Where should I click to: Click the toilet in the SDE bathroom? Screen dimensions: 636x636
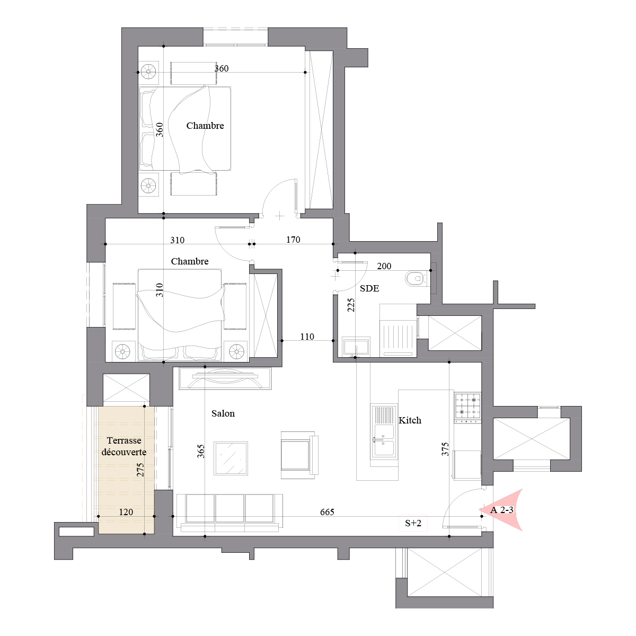click(417, 279)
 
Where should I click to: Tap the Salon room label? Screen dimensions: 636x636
click(223, 413)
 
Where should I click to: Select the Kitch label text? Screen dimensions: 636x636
click(410, 420)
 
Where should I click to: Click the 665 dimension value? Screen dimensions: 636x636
click(327, 512)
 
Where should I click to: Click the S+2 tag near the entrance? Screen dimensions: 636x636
click(413, 523)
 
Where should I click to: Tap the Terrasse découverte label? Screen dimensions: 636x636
click(124, 446)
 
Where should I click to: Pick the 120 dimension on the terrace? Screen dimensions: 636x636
click(126, 512)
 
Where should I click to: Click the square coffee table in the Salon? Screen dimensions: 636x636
click(231, 458)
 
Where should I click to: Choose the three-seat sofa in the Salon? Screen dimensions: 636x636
click(229, 513)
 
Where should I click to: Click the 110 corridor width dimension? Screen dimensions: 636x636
click(307, 337)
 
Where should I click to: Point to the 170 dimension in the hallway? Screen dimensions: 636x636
click(293, 240)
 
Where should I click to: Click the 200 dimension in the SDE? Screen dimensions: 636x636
click(384, 266)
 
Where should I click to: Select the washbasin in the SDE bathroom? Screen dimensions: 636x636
click(356, 346)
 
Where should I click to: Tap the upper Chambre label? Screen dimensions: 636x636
click(205, 126)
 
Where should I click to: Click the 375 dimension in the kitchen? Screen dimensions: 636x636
click(445, 449)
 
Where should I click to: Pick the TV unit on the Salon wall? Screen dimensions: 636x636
click(225, 378)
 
